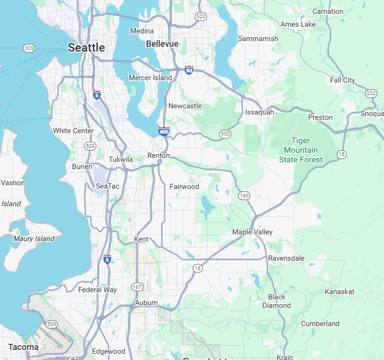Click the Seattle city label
[x=86, y=47]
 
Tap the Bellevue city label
[x=162, y=44]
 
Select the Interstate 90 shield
[x=189, y=70]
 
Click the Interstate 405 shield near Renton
[x=164, y=131]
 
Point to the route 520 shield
[x=201, y=17]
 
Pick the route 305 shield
[x=29, y=48]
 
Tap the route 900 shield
[x=225, y=134]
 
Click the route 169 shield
[x=244, y=196]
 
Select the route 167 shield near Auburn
[x=137, y=287]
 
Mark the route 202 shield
[x=371, y=93]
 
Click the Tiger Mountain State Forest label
[x=301, y=150]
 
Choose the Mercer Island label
[x=150, y=78]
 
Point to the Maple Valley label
[x=252, y=232]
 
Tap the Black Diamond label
[x=277, y=301]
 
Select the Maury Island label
[x=34, y=238]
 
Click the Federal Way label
[x=97, y=289]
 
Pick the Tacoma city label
[x=23, y=347]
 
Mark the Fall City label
[x=342, y=80]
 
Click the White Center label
[x=73, y=131]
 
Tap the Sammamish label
[x=258, y=39]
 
